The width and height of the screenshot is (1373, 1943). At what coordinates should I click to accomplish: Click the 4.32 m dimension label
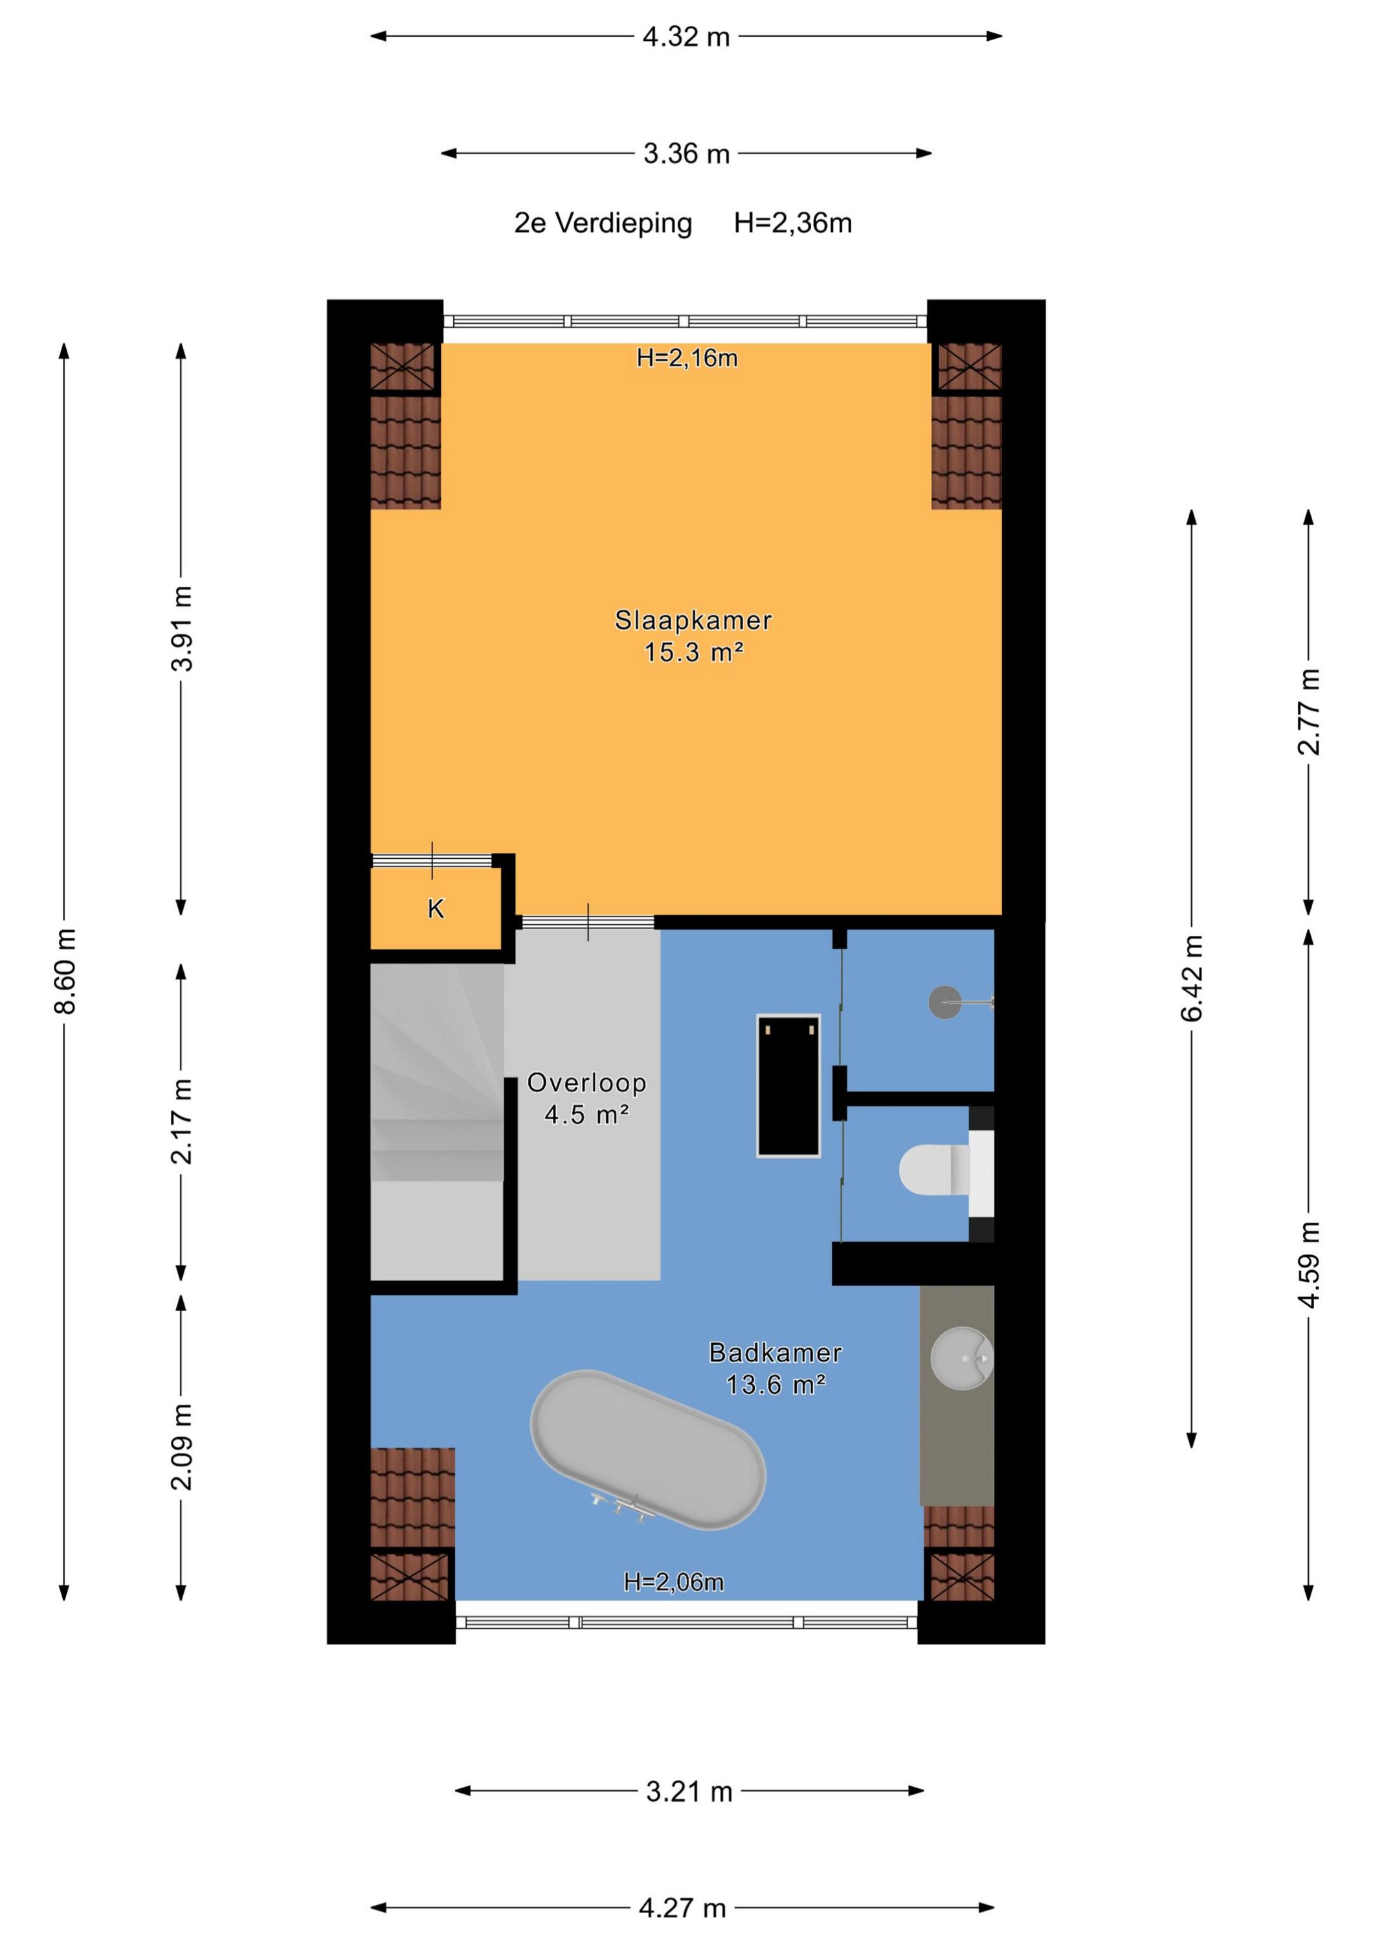[686, 37]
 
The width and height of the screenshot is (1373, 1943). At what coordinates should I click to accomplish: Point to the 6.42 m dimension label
[1192, 978]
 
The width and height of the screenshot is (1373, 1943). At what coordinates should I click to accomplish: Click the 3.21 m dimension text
[689, 1791]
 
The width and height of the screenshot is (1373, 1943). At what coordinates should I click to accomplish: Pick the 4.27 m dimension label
[683, 1908]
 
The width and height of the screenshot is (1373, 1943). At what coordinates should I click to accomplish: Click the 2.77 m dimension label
[1309, 712]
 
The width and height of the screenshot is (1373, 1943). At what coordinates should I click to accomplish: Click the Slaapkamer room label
[693, 620]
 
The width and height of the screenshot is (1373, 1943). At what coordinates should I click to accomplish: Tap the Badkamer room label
[775, 1352]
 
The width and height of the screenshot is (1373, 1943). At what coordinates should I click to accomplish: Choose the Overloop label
[586, 1082]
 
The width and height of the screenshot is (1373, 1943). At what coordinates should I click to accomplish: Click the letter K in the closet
[436, 909]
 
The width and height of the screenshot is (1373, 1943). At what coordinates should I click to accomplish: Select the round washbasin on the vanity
[962, 1358]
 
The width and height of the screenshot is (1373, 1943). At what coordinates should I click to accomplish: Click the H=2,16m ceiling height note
[687, 358]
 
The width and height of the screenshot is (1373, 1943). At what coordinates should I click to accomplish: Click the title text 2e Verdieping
[603, 223]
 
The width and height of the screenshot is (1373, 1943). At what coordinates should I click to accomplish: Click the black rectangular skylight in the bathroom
[788, 1085]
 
